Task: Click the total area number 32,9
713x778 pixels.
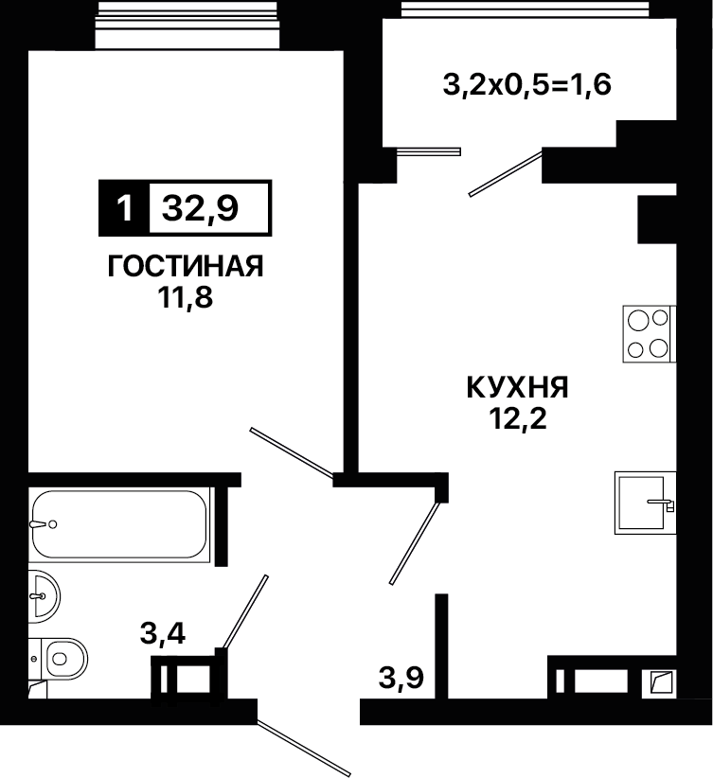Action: [200, 209]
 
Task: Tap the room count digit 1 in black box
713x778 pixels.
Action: [125, 208]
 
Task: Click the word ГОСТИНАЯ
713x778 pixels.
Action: [186, 267]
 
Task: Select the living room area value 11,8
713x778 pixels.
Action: [186, 298]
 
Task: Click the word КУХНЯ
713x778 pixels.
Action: [517, 387]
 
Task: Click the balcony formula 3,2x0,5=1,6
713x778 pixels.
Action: [526, 85]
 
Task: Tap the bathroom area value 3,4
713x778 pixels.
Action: [163, 633]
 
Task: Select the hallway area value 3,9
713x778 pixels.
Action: [401, 678]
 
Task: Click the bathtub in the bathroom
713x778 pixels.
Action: [119, 524]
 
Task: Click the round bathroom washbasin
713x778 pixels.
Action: [44, 596]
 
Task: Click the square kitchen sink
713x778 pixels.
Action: [645, 503]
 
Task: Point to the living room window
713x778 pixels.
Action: [187, 25]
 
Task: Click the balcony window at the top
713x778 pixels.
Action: [525, 9]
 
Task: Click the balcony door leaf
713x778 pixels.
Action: [506, 173]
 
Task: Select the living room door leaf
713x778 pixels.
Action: [292, 452]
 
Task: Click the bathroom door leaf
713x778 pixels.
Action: [246, 611]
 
